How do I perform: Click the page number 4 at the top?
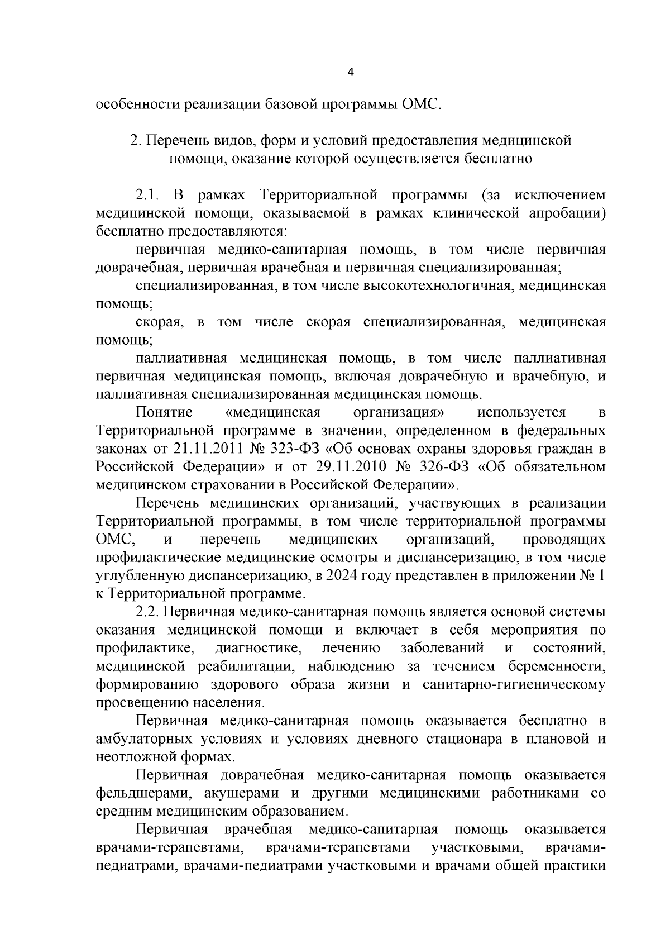coord(350,72)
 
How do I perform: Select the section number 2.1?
coord(148,196)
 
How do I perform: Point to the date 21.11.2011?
coord(202,450)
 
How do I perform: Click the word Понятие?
coord(164,413)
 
